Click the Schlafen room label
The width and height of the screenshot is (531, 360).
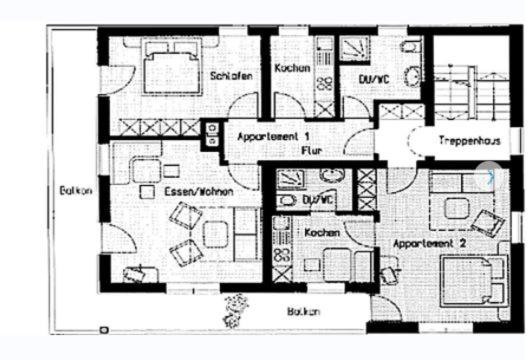point(231,76)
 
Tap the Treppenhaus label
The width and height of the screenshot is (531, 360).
point(470,140)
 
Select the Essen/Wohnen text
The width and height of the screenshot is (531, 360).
point(199,192)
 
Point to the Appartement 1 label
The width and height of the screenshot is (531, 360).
point(273,137)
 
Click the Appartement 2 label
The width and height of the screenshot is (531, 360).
point(429,243)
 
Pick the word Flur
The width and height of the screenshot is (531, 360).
point(312,150)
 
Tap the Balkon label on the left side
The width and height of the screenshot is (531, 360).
point(76,190)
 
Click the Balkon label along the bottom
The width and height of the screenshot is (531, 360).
point(303,311)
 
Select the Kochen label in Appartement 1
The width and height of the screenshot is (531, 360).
point(292,68)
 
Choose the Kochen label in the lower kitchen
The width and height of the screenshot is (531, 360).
point(322,233)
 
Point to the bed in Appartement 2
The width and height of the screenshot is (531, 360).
point(474,281)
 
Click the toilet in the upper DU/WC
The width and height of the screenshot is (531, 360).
point(411,46)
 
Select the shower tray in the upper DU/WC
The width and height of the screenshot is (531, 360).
point(355,49)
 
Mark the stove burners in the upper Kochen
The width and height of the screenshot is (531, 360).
point(324,83)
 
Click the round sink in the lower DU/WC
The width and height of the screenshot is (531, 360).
point(333,175)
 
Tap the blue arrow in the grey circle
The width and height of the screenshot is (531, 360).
point(490,176)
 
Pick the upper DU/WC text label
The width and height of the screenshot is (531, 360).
point(374,80)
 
